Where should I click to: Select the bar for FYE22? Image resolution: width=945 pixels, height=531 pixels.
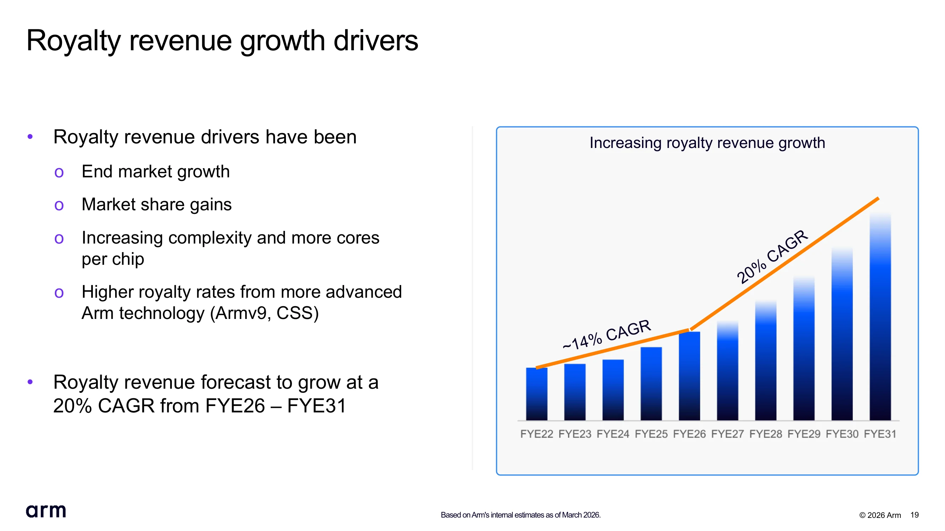tap(536, 394)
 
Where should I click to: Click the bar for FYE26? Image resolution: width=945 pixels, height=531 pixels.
tap(689, 376)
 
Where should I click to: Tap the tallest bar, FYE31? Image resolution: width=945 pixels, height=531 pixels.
tap(880, 316)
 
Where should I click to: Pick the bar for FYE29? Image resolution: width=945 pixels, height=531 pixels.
tap(804, 348)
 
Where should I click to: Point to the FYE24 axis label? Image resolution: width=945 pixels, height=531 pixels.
tap(613, 434)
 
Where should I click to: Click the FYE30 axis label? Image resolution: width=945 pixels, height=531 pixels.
tap(842, 434)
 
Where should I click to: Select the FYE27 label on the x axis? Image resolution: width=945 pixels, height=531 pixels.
tap(727, 434)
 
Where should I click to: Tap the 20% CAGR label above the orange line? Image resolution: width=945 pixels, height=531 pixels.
tap(772, 257)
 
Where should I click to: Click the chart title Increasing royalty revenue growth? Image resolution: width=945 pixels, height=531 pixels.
tap(707, 143)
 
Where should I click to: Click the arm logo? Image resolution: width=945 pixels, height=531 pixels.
tap(46, 511)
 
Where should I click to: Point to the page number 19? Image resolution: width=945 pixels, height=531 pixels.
tap(915, 515)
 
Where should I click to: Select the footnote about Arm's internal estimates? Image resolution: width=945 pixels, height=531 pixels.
tap(521, 515)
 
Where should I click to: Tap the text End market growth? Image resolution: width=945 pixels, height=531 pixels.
tap(156, 171)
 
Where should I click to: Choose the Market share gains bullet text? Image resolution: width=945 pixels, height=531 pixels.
tap(157, 205)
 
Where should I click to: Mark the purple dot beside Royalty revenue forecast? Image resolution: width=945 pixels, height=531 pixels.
tap(30, 382)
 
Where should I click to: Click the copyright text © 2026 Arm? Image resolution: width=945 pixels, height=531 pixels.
tap(880, 515)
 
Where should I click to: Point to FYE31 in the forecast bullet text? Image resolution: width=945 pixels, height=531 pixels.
tap(316, 406)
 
